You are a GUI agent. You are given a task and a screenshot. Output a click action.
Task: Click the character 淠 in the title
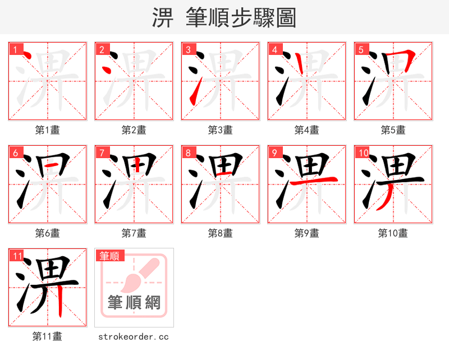click(163, 18)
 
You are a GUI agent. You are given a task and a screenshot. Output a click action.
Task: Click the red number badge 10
click(363, 153)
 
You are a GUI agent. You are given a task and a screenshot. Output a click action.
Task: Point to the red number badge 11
click(17, 256)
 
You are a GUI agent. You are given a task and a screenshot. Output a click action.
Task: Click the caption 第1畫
click(48, 130)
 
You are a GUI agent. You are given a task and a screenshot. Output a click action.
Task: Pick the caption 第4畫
click(307, 130)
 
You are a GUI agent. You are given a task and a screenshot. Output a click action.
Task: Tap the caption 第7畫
click(134, 233)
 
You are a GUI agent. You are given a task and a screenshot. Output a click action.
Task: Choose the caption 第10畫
click(393, 233)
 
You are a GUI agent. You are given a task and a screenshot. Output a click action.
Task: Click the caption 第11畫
click(48, 336)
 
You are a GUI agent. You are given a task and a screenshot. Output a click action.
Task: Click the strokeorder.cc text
click(134, 336)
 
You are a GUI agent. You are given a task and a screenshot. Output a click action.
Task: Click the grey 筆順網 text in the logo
click(134, 303)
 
